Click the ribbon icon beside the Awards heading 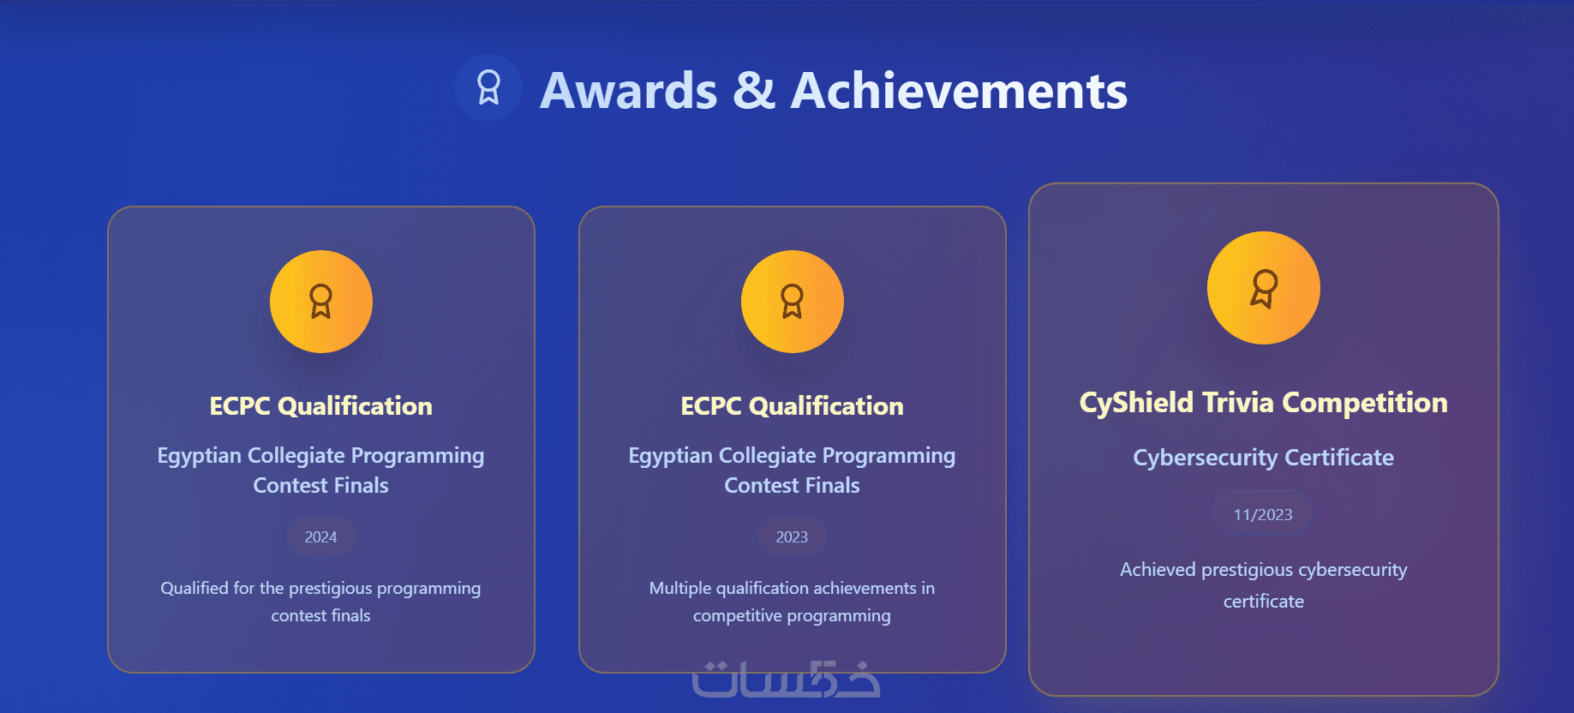click(x=488, y=87)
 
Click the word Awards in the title click(x=629, y=91)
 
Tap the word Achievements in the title click(x=959, y=91)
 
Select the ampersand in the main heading click(x=754, y=91)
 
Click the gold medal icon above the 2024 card click(x=321, y=302)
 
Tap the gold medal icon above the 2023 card click(x=793, y=302)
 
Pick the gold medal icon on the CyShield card click(x=1264, y=288)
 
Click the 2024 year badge click(x=320, y=537)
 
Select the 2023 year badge click(x=792, y=537)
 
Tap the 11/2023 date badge click(x=1263, y=514)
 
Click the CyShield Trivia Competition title click(x=1264, y=403)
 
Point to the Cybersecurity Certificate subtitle click(x=1264, y=458)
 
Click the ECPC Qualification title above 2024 click(x=321, y=406)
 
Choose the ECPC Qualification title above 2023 click(x=793, y=406)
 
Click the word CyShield click(x=1136, y=403)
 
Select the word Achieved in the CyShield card click(x=1158, y=570)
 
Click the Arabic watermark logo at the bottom click(x=787, y=679)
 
